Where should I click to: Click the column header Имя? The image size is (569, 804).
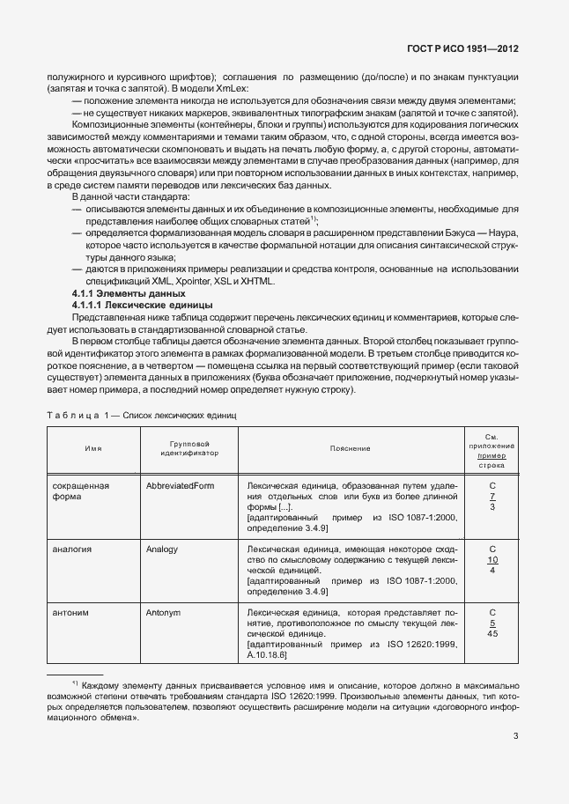coord(92,448)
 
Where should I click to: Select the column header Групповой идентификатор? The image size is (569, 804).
coord(188,448)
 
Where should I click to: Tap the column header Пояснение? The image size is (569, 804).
coord(350,448)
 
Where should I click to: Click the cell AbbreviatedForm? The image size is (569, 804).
coord(181,485)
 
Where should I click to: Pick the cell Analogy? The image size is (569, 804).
coord(162,549)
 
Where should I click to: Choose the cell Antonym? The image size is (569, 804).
coord(164,611)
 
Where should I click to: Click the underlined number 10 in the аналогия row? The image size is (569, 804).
coord(492,560)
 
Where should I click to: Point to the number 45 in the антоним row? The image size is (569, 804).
coord(492,633)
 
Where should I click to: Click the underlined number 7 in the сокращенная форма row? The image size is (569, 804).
coord(492,497)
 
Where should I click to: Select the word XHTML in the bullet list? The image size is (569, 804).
coord(257,281)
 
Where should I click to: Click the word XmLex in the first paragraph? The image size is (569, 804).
coord(233,89)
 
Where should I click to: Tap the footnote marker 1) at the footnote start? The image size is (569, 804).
coord(75,682)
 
